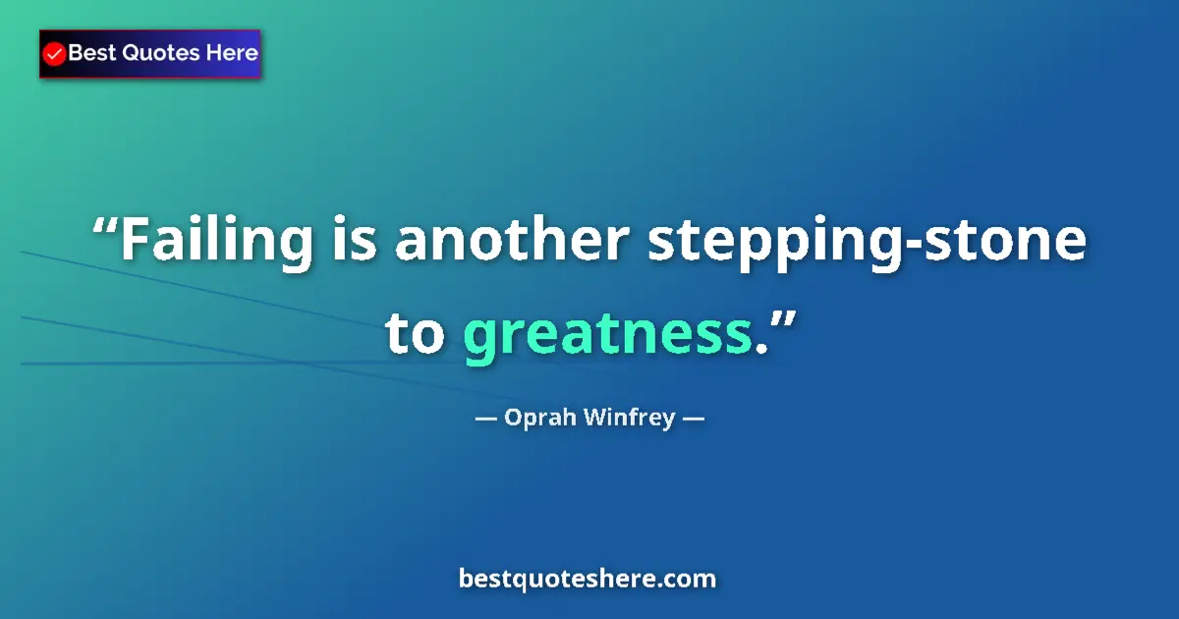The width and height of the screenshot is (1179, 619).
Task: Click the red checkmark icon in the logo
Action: point(55,54)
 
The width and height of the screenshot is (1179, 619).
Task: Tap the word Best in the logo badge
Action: point(90,53)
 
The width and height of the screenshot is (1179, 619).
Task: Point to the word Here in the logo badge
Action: point(231,53)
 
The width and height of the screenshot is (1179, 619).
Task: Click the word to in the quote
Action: point(416,334)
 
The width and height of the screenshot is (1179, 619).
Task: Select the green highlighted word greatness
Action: point(607,336)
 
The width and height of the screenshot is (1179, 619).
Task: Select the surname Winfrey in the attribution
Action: point(629,418)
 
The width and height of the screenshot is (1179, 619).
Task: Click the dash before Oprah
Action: point(484,419)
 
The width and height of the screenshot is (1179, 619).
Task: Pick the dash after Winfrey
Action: point(693,419)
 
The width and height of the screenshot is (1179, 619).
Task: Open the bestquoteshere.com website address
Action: point(588,579)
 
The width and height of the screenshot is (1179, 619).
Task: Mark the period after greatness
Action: point(759,350)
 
